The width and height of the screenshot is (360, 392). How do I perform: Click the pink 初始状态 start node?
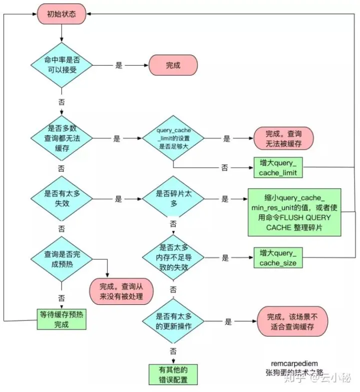point(61,15)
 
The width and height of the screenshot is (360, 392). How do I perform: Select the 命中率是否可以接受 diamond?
point(62,66)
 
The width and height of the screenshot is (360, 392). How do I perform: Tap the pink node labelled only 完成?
point(173,66)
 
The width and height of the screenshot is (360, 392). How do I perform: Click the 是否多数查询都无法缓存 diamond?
point(62,138)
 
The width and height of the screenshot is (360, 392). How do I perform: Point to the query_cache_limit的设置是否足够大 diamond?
point(173,138)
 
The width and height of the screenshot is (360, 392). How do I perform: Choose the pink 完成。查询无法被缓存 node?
point(283,138)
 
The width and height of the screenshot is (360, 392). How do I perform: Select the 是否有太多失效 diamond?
point(62,198)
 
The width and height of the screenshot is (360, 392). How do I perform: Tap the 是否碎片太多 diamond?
point(173,198)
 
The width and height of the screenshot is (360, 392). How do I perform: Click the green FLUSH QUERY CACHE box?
point(294,212)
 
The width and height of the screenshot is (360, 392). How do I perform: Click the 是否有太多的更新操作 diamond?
point(173,322)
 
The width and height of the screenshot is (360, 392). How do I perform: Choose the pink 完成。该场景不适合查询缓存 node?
point(292,322)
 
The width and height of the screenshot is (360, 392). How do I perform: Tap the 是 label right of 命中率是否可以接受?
point(119,66)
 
